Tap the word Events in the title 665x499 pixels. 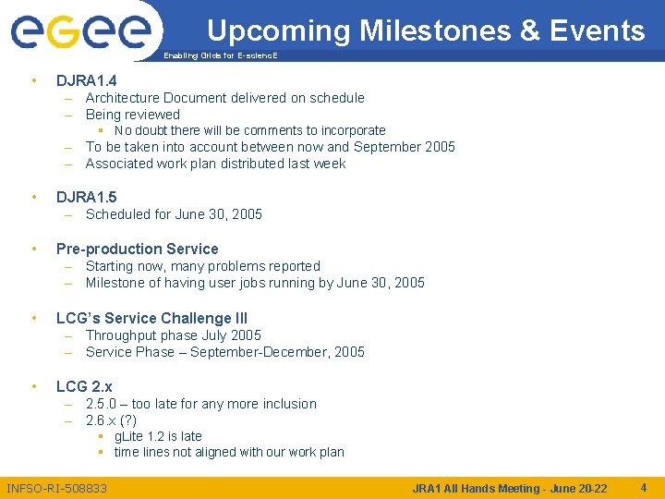(597, 30)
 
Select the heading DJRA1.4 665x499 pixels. (86, 80)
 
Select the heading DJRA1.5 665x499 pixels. (86, 197)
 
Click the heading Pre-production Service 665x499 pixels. (137, 249)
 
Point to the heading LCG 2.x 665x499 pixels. (84, 386)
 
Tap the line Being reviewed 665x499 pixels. (132, 115)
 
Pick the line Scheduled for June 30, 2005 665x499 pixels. (174, 214)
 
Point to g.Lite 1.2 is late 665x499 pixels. (158, 436)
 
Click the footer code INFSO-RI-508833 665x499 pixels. (56, 488)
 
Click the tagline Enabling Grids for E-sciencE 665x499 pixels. (220, 56)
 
